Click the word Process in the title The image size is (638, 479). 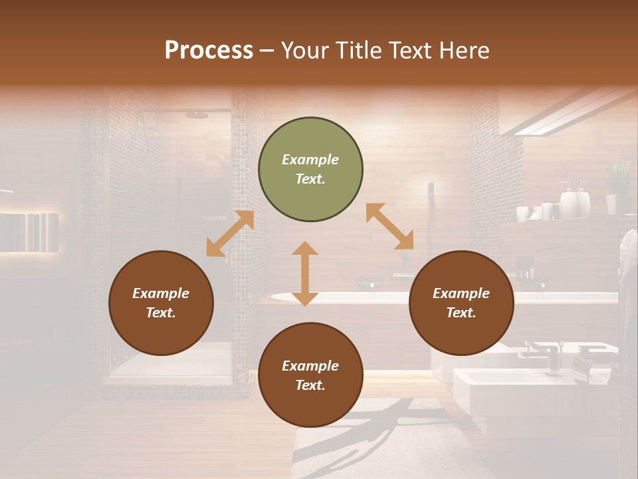point(209,51)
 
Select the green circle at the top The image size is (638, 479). point(310,169)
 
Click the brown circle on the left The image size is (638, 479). point(161,303)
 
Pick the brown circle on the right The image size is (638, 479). point(461,303)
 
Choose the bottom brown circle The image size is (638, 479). point(310,375)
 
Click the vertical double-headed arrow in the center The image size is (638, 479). point(305,273)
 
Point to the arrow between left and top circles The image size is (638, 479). point(230,234)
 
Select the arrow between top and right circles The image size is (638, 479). point(390,226)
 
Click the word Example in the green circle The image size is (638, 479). point(310,160)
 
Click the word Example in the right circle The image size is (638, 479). point(461,293)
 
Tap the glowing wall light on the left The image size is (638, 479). point(29,232)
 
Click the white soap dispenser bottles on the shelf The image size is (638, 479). point(574,200)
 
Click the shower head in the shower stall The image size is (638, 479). point(197,115)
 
